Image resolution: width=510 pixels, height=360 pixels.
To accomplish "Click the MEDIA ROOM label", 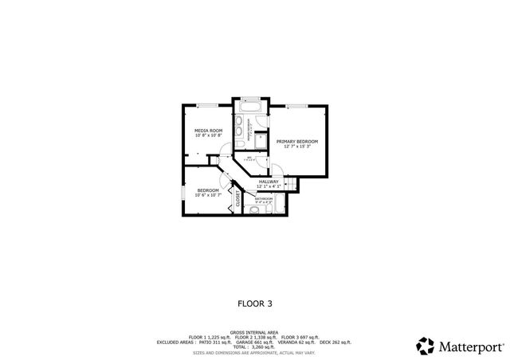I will pos(209,130).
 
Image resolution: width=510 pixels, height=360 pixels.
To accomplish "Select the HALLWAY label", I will pos(269,182).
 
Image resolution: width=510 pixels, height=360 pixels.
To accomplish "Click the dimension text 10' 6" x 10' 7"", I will pos(209,196).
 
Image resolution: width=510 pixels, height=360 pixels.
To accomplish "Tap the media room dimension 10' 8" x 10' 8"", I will pos(209,135).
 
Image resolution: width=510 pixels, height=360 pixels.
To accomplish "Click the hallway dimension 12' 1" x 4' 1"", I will pos(269,187).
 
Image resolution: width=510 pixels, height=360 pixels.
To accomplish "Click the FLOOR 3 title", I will pos(254,303).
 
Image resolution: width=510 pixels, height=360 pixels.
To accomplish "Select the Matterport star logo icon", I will pos(426,345).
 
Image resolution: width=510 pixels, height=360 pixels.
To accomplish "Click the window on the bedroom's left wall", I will pos(183,192).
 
